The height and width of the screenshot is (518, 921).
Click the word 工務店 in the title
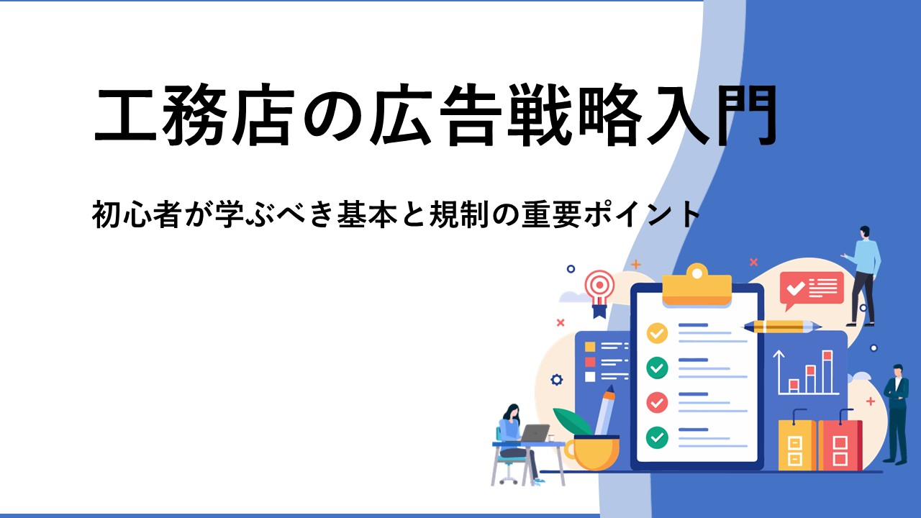pyautogui.click(x=194, y=115)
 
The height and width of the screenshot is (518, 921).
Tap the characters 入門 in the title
pyautogui.click(x=712, y=115)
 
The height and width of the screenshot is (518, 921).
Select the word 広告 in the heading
pyautogui.click(x=436, y=115)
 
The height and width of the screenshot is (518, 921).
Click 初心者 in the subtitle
pyautogui.click(x=137, y=215)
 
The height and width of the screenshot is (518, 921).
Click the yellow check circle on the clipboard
pyautogui.click(x=657, y=333)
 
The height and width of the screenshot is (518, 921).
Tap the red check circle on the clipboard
pyautogui.click(x=657, y=402)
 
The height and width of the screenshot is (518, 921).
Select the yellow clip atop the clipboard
pyautogui.click(x=697, y=284)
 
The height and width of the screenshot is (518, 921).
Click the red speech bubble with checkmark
pyautogui.click(x=812, y=288)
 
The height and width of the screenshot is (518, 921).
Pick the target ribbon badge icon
pyautogui.click(x=600, y=293)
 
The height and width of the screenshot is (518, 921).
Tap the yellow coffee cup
pyautogui.click(x=592, y=453)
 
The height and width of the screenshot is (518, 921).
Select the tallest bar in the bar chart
pyautogui.click(x=827, y=372)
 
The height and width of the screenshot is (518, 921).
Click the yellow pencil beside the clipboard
pyautogui.click(x=781, y=327)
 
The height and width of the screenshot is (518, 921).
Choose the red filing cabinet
pyautogui.click(x=840, y=444)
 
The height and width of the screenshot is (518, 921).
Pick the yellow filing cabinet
pyautogui.click(x=797, y=444)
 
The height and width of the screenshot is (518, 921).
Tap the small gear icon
pyautogui.click(x=557, y=380)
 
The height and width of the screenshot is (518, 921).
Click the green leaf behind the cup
pyautogui.click(x=572, y=422)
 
